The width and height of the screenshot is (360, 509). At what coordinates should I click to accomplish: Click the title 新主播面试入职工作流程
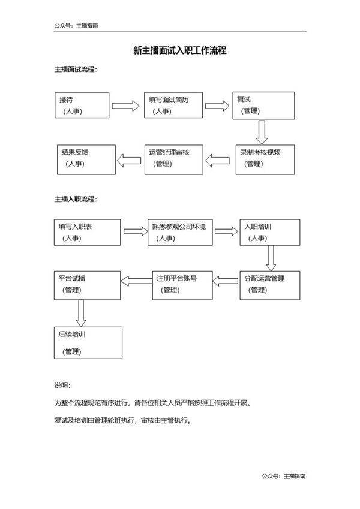tap(179, 51)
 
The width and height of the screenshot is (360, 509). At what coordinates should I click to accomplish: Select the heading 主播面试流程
tap(76, 70)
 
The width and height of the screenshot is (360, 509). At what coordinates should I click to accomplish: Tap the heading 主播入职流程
tap(76, 198)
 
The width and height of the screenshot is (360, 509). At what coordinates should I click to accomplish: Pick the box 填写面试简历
tap(173, 106)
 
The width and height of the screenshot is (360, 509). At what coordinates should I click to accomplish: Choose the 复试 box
tap(264, 106)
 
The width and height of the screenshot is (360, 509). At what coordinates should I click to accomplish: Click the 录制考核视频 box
tap(265, 159)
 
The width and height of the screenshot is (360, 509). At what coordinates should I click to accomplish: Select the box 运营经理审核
tap(173, 159)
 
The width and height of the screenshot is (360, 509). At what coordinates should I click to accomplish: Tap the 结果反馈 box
tap(86, 159)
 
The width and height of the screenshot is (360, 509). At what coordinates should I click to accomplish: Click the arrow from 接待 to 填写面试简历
tap(126, 106)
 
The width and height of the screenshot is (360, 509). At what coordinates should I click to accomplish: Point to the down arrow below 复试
tap(261, 131)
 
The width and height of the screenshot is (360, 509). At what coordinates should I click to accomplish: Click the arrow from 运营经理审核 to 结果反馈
tap(128, 159)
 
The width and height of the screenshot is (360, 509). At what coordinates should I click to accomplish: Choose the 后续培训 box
tap(88, 342)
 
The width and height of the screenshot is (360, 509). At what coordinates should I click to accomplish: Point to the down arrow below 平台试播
tap(81, 312)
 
